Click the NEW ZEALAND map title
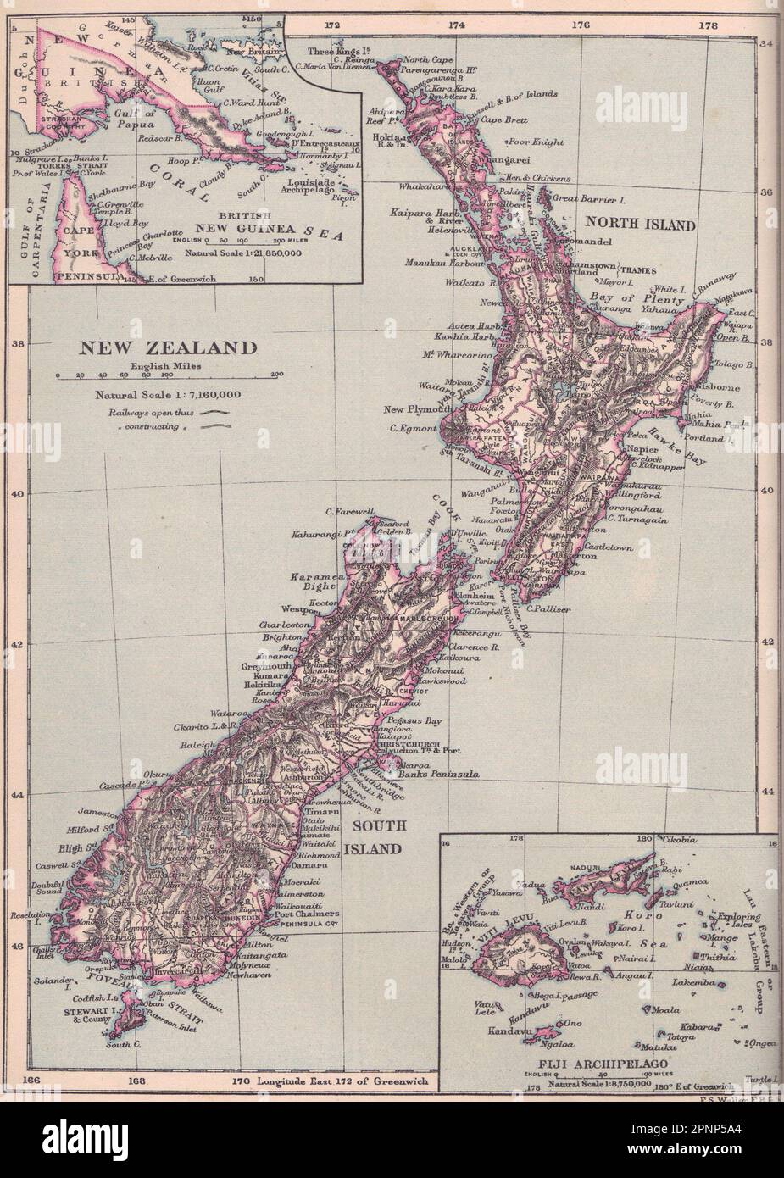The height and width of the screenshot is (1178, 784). click(167, 348)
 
